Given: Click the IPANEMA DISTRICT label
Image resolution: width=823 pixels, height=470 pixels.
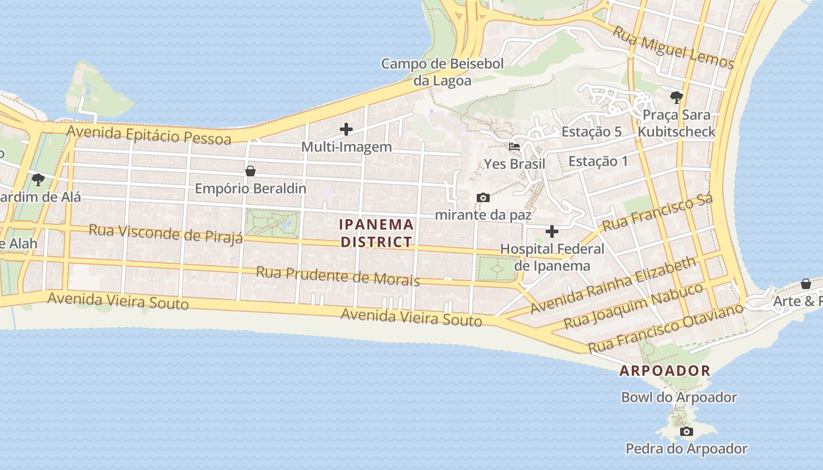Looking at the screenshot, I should click(x=377, y=233).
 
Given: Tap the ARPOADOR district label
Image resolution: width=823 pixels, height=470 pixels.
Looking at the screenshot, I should click(x=665, y=371).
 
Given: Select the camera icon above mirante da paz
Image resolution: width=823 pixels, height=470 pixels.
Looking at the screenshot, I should click(x=483, y=198).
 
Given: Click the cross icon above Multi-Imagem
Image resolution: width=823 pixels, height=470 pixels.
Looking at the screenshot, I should click(x=346, y=129).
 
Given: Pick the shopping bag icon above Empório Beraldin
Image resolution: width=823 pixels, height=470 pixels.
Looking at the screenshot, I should click(x=250, y=171).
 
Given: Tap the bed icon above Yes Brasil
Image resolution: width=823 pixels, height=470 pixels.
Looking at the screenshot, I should click(x=514, y=146).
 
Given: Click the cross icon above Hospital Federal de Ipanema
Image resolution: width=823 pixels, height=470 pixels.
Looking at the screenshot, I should click(x=551, y=231).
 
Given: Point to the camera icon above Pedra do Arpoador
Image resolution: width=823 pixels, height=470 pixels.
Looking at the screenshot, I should click(x=685, y=432).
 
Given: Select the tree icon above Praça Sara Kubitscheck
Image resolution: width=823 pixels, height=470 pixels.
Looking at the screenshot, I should click(x=676, y=97).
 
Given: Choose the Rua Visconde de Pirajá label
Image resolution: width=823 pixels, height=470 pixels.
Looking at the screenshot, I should click(x=166, y=233).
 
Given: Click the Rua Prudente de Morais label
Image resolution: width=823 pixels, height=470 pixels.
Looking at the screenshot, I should click(x=338, y=276).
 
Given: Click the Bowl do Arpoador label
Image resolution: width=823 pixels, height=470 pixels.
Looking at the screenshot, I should click(x=679, y=397).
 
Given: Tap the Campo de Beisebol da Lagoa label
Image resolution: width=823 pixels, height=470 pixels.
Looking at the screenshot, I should click(x=442, y=72).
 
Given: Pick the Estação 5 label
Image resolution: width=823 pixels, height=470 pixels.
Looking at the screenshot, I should click(x=591, y=132).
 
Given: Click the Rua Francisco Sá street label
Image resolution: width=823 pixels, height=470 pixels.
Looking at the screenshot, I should click(x=657, y=213).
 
